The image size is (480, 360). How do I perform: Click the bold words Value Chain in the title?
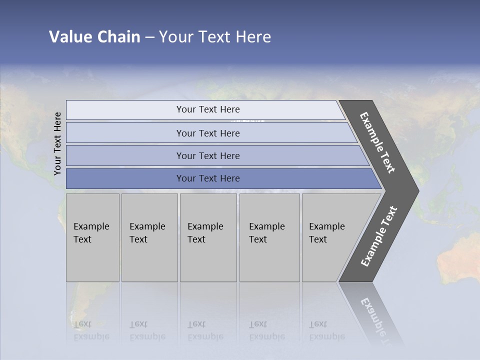coord(94,37)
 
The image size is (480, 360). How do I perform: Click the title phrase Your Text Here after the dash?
coord(215,37)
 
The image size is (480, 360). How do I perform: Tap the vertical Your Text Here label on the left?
coord(57,143)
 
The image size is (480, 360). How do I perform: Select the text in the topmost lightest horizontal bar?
coord(208,109)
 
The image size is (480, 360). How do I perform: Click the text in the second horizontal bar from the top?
coord(208,133)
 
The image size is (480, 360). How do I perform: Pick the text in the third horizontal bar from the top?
coord(208,155)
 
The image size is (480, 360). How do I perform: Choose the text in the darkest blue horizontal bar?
coord(208,178)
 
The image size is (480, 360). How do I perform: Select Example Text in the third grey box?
coord(205,233)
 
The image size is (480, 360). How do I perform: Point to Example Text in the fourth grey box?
coord(266,233)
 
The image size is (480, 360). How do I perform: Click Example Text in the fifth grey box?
coord(326,233)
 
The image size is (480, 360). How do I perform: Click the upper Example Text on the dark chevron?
coord(377,143)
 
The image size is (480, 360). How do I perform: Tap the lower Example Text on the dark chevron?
coord(379,236)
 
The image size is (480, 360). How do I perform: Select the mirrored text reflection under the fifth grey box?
coord(326,330)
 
